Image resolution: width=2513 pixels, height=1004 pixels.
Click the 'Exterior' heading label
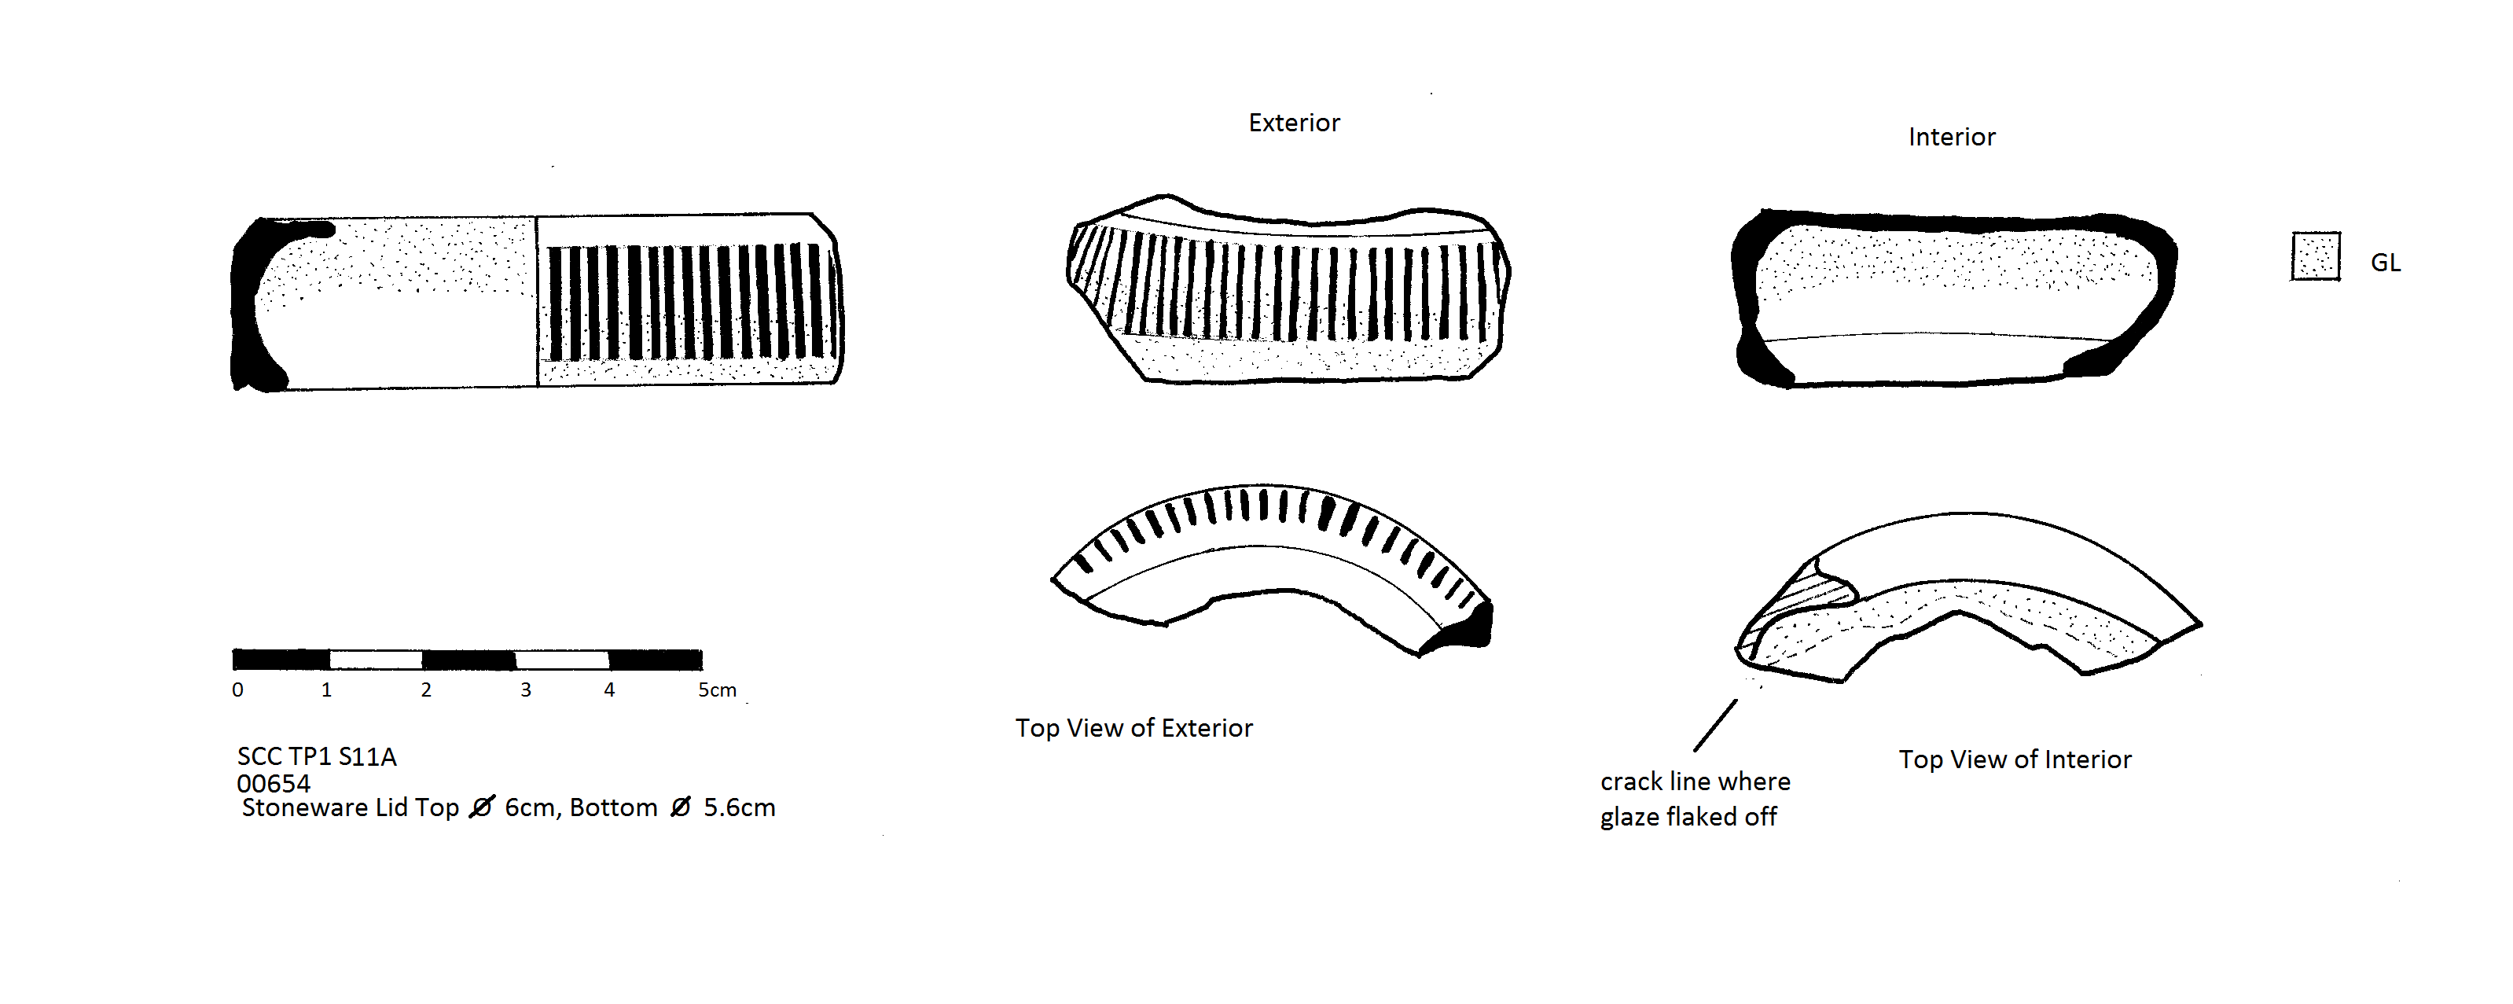[x=1294, y=123]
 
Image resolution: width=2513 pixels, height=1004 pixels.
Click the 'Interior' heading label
[x=1951, y=137]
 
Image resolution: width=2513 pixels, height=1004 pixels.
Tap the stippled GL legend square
[x=2315, y=256]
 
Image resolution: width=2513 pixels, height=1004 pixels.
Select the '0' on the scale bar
[x=237, y=690]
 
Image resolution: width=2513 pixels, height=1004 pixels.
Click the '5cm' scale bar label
[x=717, y=690]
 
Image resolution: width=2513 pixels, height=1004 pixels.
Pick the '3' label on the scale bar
[x=526, y=690]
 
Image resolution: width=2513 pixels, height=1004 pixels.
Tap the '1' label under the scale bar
[x=327, y=690]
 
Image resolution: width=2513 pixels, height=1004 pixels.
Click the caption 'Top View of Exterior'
[x=1133, y=728]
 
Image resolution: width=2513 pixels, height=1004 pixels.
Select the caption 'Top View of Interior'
[x=2015, y=759]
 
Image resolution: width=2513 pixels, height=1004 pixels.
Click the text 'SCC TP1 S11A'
[x=316, y=756]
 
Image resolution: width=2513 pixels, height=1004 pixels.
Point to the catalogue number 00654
[x=274, y=784]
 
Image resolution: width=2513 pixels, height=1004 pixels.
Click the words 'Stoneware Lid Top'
[x=351, y=808]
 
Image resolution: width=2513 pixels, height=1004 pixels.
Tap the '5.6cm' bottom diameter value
[x=740, y=808]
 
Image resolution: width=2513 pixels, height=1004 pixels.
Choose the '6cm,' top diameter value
[x=531, y=808]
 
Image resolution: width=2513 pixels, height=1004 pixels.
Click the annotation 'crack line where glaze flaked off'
[x=1695, y=799]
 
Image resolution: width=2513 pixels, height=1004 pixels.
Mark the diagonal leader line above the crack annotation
[x=1715, y=725]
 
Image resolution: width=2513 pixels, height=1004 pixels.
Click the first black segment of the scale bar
[x=281, y=660]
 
